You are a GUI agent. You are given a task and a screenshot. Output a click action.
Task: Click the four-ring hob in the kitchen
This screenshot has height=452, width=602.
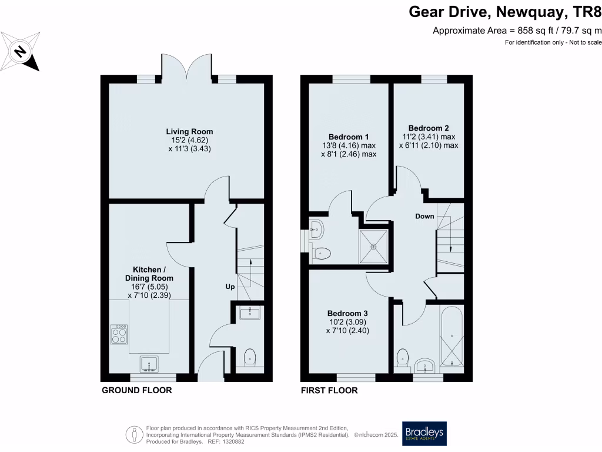(119, 335)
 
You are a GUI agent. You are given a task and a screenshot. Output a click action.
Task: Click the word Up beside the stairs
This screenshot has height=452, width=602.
(231, 287)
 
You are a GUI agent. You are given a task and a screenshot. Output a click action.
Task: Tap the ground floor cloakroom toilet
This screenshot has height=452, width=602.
(250, 356)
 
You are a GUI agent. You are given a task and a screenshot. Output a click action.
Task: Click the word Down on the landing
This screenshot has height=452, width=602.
(424, 216)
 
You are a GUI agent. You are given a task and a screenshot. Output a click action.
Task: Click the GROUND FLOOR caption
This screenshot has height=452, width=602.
(136, 390)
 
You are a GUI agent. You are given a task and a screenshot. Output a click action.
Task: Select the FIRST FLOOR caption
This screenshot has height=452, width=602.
(329, 390)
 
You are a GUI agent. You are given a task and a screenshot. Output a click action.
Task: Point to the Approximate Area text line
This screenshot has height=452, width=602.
(517, 30)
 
